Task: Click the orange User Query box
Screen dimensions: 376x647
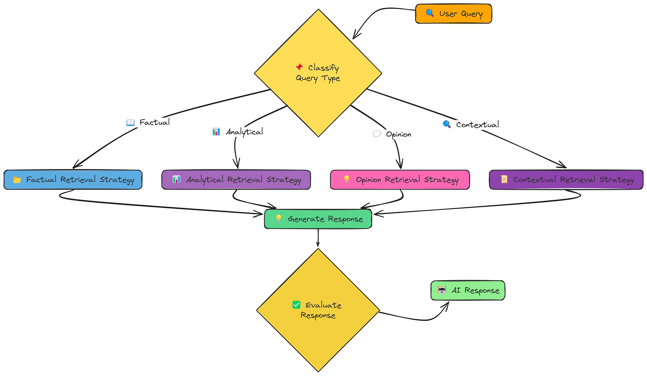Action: point(454,14)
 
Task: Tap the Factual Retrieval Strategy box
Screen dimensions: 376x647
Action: point(73,180)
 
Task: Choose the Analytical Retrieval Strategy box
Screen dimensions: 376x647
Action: point(236,180)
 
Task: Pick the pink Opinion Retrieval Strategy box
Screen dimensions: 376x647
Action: point(400,180)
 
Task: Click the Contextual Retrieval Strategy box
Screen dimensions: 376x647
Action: point(566,180)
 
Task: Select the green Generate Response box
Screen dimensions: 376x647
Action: point(318,219)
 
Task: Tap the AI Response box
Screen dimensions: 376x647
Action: point(468,291)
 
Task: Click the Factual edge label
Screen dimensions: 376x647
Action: point(148,122)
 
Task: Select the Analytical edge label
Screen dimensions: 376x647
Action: point(238,132)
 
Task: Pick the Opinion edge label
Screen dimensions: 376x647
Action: point(392,134)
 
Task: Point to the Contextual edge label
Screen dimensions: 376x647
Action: point(471,125)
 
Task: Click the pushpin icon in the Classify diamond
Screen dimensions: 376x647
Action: point(299,67)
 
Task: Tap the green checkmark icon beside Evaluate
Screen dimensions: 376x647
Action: point(296,305)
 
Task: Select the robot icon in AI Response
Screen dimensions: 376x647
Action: point(442,290)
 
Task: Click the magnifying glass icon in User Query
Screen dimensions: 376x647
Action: point(430,13)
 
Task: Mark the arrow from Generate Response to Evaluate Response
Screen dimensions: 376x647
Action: point(318,238)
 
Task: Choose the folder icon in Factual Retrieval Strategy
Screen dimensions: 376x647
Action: point(17,180)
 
